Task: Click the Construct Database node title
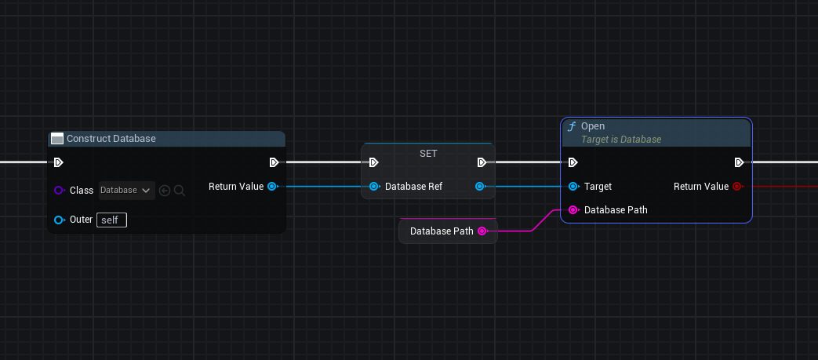pos(111,139)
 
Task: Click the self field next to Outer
pos(111,220)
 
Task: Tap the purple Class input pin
pos(59,191)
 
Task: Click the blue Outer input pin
pos(59,220)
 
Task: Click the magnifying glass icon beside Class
pos(180,191)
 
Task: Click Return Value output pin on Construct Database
pos(271,187)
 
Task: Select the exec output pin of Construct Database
pos(274,162)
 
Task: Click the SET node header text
pos(428,154)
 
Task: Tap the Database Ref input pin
pos(374,187)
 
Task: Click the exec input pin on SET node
pos(374,162)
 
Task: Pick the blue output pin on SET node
pos(481,187)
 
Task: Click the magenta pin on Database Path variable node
pos(482,231)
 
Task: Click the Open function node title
pos(593,126)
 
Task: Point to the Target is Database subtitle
pos(621,140)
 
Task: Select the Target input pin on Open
pos(573,187)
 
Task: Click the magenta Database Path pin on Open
pos(573,210)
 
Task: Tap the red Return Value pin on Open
pos(737,187)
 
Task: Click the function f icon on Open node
pos(572,126)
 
